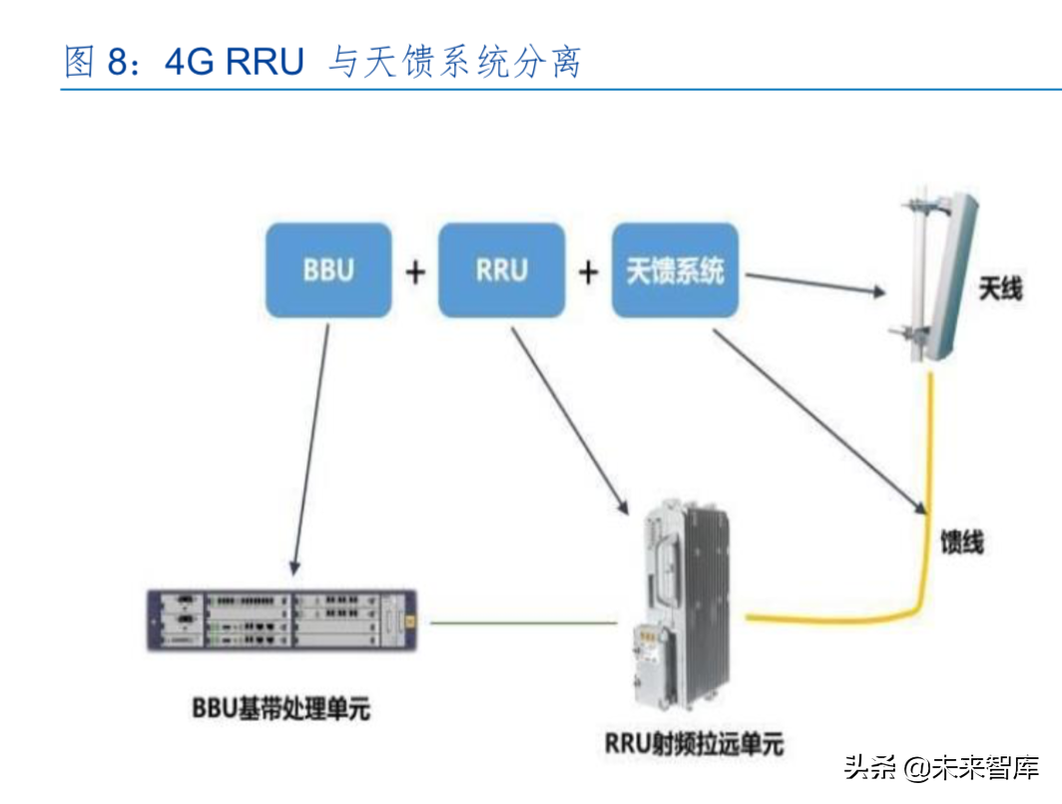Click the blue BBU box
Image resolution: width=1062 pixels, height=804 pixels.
click(327, 270)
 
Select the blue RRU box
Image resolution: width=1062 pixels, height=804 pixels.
click(501, 270)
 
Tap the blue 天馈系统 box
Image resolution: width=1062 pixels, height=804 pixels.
click(676, 270)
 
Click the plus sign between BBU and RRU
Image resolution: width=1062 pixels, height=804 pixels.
click(414, 271)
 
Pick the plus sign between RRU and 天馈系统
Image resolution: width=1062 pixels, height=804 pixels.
click(588, 271)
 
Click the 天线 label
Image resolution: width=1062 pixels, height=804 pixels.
click(1000, 290)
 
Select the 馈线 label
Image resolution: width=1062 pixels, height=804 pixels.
click(962, 543)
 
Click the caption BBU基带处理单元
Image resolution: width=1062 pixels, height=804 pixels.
click(280, 709)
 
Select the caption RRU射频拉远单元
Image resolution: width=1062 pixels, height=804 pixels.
click(694, 743)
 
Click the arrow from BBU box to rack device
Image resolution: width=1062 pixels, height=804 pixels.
click(310, 449)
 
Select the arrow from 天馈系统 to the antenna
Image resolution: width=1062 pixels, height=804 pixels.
click(813, 284)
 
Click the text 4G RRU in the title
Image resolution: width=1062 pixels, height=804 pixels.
click(235, 62)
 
